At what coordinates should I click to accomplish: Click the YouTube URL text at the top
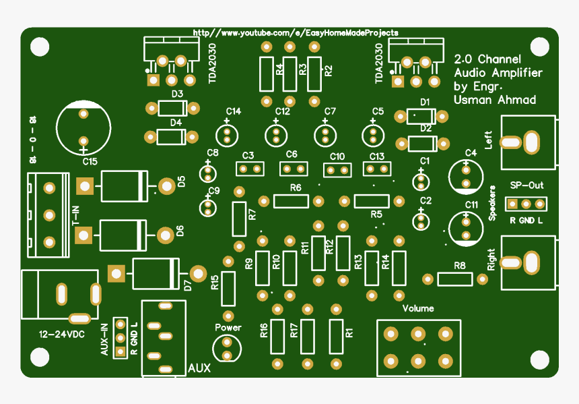point(295,32)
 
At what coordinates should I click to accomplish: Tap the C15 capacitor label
point(90,162)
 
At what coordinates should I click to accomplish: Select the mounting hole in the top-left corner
point(40,47)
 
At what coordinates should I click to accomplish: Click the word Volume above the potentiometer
point(418,308)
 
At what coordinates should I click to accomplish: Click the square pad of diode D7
point(116,273)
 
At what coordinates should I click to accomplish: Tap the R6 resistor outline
point(290,201)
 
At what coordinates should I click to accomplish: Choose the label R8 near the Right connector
point(460,265)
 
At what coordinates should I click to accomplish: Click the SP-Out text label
point(526,185)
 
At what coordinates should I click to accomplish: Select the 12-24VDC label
point(62,334)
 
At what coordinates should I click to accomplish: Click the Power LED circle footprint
point(227,349)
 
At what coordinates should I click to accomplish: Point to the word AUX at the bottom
point(199,368)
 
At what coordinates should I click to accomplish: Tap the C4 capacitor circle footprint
point(466,176)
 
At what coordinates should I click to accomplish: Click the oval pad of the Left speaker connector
point(531,142)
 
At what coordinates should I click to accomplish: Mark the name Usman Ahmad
point(495,100)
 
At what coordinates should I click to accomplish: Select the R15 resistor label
point(214,283)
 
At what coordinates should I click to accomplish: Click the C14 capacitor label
point(234,111)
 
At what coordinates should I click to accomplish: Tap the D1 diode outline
point(421,116)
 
